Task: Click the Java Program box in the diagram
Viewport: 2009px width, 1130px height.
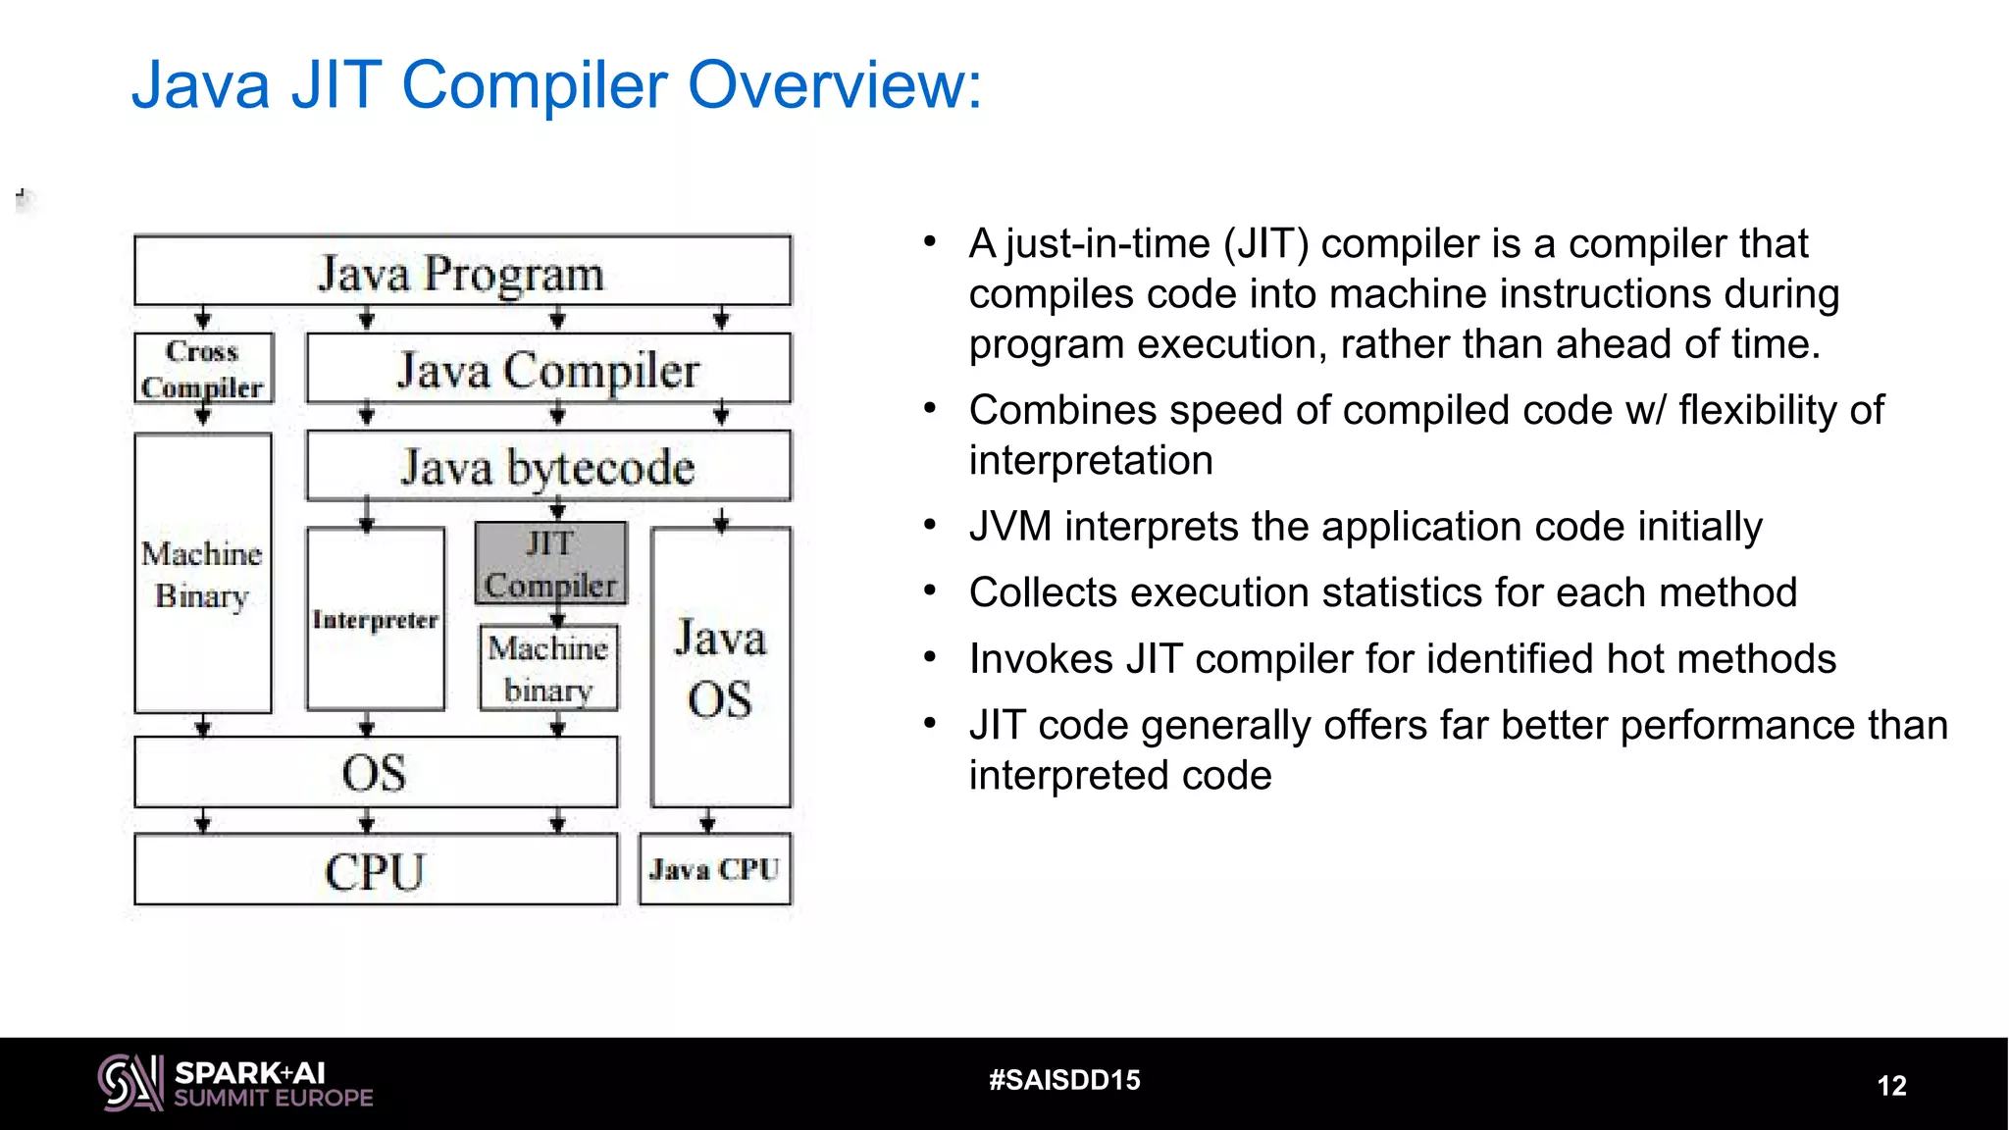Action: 462,271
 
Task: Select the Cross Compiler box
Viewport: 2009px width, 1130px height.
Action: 203,369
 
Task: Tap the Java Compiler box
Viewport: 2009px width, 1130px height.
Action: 548,369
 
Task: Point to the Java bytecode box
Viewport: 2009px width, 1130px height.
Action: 548,466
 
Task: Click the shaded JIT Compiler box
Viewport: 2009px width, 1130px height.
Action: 550,563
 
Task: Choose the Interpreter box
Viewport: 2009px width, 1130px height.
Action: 375,619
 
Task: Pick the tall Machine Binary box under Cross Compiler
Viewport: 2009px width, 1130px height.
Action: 202,574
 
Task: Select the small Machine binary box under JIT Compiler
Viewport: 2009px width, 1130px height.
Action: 548,668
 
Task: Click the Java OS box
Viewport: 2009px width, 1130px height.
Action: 720,668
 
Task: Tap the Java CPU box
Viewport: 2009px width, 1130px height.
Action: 714,869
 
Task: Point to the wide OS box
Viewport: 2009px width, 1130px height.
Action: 376,772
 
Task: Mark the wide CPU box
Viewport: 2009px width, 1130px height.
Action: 376,870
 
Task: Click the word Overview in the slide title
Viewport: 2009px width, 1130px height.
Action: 833,85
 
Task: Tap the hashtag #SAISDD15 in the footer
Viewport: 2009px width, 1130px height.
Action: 1064,1080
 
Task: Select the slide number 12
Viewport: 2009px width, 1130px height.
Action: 1891,1085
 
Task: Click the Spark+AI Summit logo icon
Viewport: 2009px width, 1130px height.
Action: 130,1083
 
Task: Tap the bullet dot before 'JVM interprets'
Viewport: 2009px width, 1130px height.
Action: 930,525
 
